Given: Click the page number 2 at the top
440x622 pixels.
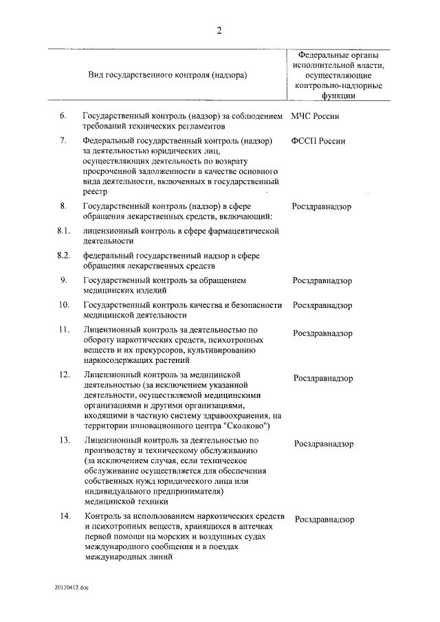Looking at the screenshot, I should coord(219,30).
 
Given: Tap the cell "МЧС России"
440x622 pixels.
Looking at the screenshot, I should coord(316,116).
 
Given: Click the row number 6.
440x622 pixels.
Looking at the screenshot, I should coord(63,115).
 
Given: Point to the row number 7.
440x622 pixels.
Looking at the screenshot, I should coord(63,140).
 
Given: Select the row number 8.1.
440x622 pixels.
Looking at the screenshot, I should coord(63,230).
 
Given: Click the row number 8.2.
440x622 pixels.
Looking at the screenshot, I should coord(63,255).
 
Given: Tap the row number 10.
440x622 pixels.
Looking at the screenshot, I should coord(64,304).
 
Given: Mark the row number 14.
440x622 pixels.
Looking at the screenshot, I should coord(64,516).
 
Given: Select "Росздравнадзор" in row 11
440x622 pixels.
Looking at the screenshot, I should coord(323,333).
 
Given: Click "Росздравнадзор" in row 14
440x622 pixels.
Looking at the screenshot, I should coord(324,520).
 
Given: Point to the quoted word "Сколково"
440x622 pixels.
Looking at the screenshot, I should coord(245,426).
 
